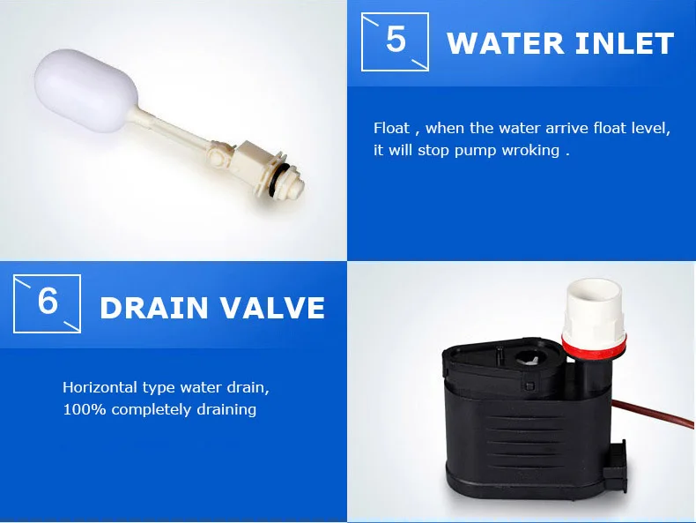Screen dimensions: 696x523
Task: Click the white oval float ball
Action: (85, 91)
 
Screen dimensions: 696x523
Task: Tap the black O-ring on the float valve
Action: (278, 176)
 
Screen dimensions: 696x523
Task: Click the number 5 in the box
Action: (396, 40)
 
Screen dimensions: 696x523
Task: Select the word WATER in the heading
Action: (505, 43)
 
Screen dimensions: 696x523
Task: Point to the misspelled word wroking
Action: (530, 151)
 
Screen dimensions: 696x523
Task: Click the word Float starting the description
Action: (391, 128)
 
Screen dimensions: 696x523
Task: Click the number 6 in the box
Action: (48, 302)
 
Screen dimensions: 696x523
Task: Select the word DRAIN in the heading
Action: (154, 308)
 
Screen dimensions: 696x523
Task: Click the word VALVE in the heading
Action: (273, 308)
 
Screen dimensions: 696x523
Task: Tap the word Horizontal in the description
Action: (100, 387)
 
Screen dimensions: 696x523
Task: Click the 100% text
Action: (85, 410)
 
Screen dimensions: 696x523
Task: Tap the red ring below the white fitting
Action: (594, 347)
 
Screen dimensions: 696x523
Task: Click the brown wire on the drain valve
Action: (653, 414)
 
